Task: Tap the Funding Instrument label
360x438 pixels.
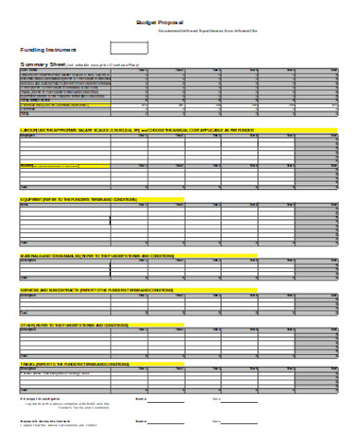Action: coord(48,49)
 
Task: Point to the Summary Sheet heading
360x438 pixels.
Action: coord(42,64)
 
